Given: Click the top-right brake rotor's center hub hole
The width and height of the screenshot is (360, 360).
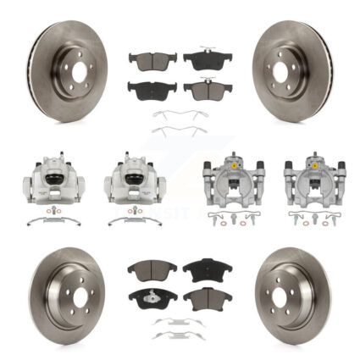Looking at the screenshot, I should (285, 72).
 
